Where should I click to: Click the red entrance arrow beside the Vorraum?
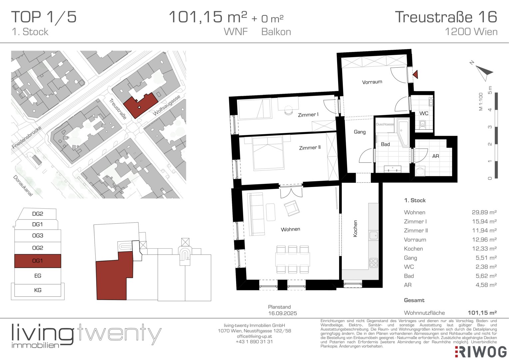pyautogui.click(x=416, y=74)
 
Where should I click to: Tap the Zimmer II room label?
pyautogui.click(x=310, y=148)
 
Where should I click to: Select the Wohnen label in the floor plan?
pyautogui.click(x=290, y=229)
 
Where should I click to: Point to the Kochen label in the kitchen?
pyautogui.click(x=355, y=229)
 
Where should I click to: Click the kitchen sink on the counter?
pyautogui.click(x=373, y=235)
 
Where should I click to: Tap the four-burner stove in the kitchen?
pyautogui.click(x=373, y=263)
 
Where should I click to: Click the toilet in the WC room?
pyautogui.click(x=422, y=124)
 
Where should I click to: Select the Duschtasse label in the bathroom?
pyautogui.click(x=385, y=124)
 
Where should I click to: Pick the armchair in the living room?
pyautogui.click(x=291, y=208)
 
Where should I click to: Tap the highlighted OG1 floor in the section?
pyautogui.click(x=38, y=261)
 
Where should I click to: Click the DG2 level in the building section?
pyautogui.click(x=37, y=214)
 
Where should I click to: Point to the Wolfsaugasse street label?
pyautogui.click(x=167, y=105)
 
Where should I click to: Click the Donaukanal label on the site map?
pyautogui.click(x=23, y=185)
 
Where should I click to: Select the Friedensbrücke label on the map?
pyautogui.click(x=27, y=137)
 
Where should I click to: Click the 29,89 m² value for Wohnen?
pyautogui.click(x=484, y=212)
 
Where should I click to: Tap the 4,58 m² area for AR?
pyautogui.click(x=486, y=285)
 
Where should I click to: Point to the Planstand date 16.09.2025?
pyautogui.click(x=282, y=313)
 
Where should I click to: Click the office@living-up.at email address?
pyautogui.click(x=254, y=336)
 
